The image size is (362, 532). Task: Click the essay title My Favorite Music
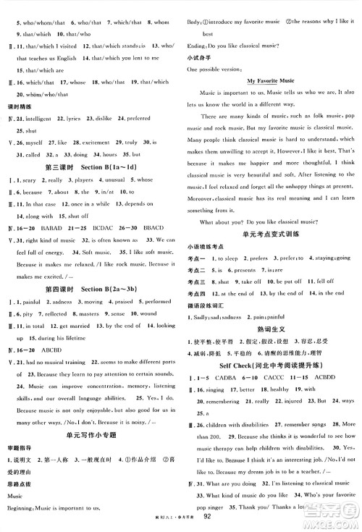273,83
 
